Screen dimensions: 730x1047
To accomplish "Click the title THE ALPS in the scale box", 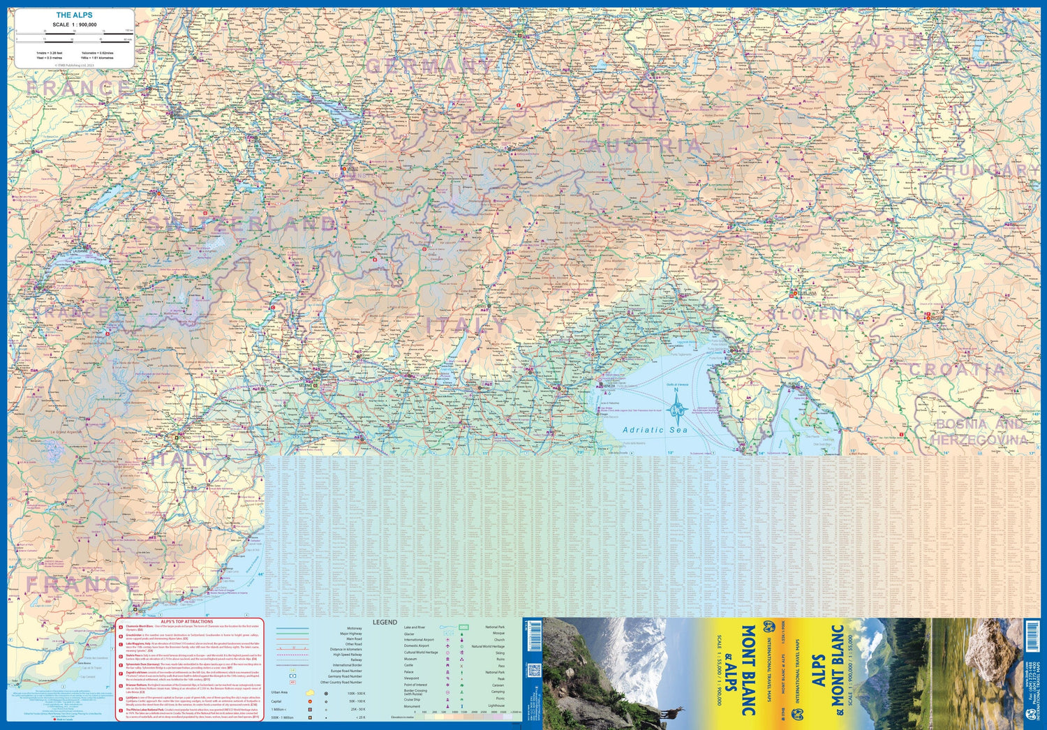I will pyautogui.click(x=74, y=15).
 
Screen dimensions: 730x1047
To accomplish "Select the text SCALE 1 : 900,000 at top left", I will pyautogui.click(x=74, y=24).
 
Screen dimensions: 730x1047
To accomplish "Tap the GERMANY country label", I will pyautogui.click(x=429, y=66).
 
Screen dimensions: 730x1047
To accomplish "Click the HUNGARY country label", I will pyautogui.click(x=991, y=170).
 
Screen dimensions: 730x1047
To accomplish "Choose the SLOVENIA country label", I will pyautogui.click(x=813, y=315).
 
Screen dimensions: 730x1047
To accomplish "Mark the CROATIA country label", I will pyautogui.click(x=966, y=369).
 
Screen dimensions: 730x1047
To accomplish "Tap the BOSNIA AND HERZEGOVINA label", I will pyautogui.click(x=980, y=432).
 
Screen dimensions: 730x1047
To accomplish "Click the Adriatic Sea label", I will pyautogui.click(x=654, y=430).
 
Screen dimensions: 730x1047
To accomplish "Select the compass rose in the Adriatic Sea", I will pyautogui.click(x=676, y=410).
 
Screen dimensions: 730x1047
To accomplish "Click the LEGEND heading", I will pyautogui.click(x=385, y=622).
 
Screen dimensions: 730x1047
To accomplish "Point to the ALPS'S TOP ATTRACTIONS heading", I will pyautogui.click(x=186, y=621).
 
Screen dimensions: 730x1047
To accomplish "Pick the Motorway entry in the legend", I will pyautogui.click(x=355, y=628).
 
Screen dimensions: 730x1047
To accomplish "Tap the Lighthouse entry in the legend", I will pyautogui.click(x=496, y=706).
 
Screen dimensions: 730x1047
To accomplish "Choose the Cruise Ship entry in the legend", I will pyautogui.click(x=413, y=699).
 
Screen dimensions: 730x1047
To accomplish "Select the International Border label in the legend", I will pyautogui.click(x=348, y=665).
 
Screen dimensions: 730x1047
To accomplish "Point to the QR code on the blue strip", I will pyautogui.click(x=535, y=671).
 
